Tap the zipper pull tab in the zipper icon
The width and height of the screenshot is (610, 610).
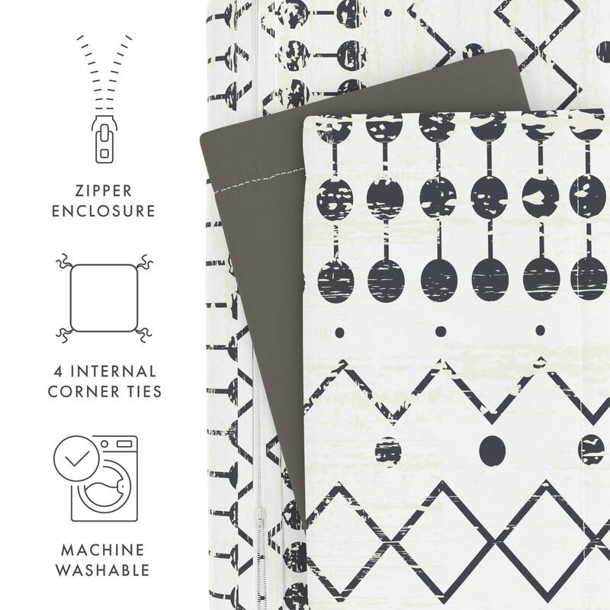coord(101,145)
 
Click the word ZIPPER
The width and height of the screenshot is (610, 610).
coord(102,188)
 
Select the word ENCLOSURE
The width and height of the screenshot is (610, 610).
coord(102,210)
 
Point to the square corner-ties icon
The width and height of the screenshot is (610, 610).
coord(101,298)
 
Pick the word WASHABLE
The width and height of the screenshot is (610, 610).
coord(102,570)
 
